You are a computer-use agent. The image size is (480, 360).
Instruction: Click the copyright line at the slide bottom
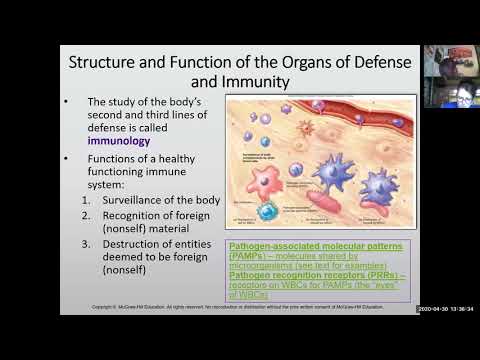(250, 306)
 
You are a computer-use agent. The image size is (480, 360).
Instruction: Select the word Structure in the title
(107, 60)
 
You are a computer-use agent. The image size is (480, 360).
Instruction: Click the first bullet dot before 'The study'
(65, 103)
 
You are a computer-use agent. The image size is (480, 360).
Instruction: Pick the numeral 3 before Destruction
(87, 243)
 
